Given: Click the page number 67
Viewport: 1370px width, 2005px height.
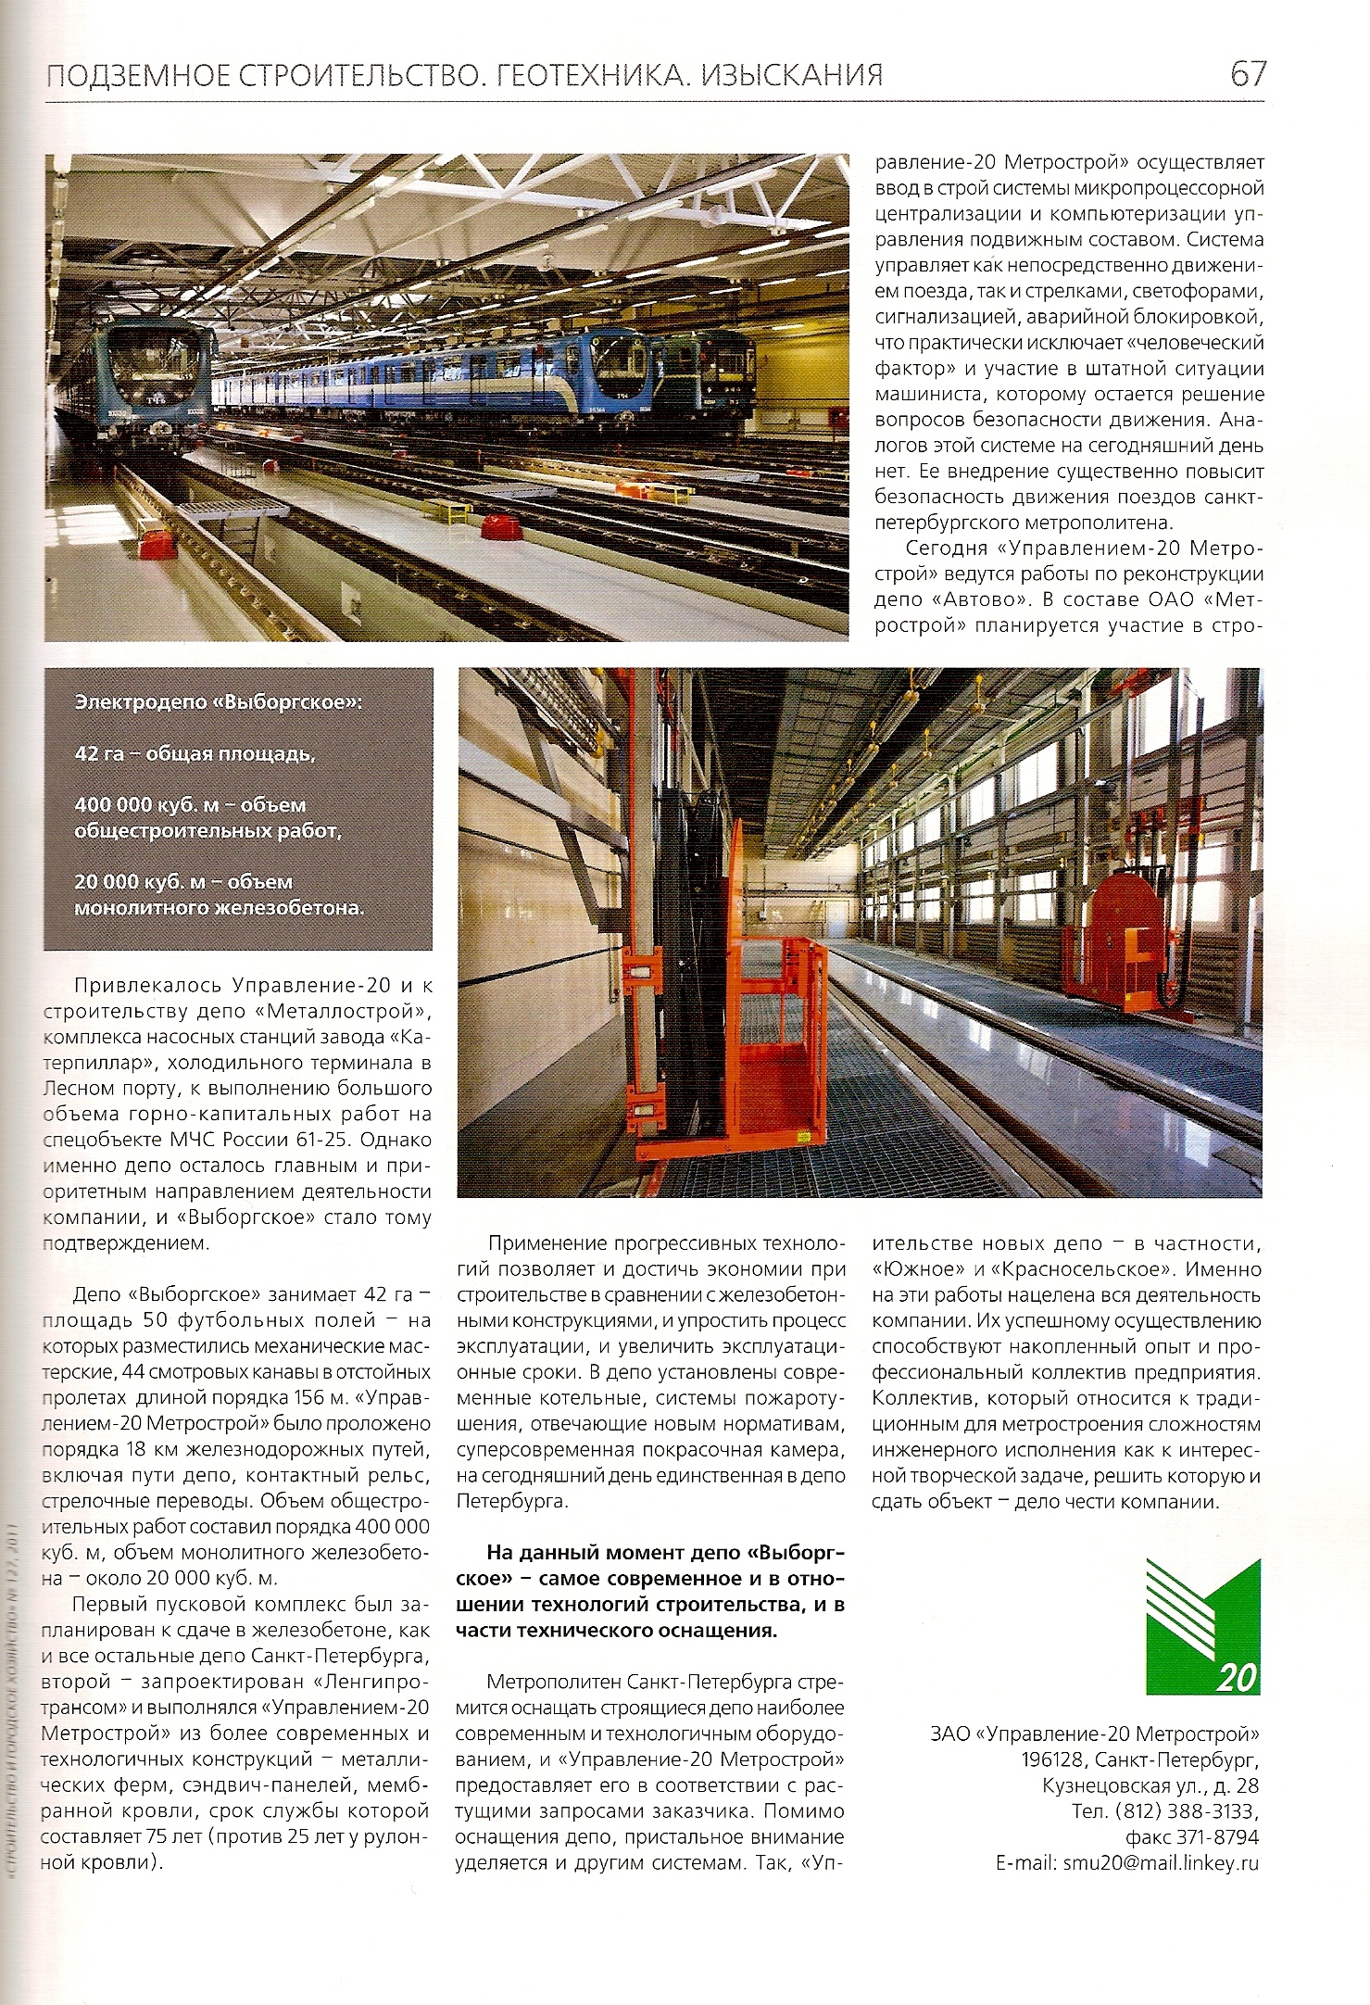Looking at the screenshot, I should [1247, 73].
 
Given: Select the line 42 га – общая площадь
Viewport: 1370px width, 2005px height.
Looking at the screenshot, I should [195, 754].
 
